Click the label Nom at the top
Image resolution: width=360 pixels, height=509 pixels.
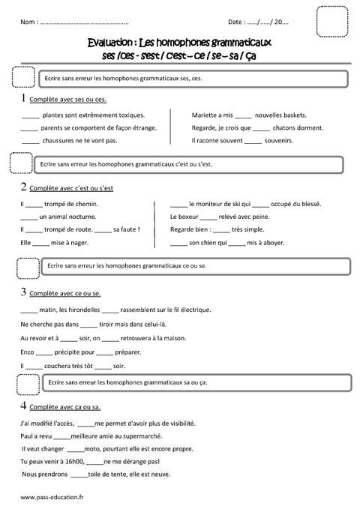coord(29,23)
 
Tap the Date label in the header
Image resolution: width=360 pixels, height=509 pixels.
coord(235,23)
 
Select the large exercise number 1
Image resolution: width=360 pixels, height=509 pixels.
coord(24,98)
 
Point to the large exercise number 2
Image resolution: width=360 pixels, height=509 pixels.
coord(24,186)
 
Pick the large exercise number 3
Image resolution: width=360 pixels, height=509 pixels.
coord(24,291)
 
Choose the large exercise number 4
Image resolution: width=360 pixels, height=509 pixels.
coord(24,406)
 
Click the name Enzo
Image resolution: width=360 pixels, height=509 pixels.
coord(27,351)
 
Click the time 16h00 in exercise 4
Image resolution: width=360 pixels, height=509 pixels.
coord(73,462)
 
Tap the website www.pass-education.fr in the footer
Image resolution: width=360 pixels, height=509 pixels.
coord(52,496)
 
